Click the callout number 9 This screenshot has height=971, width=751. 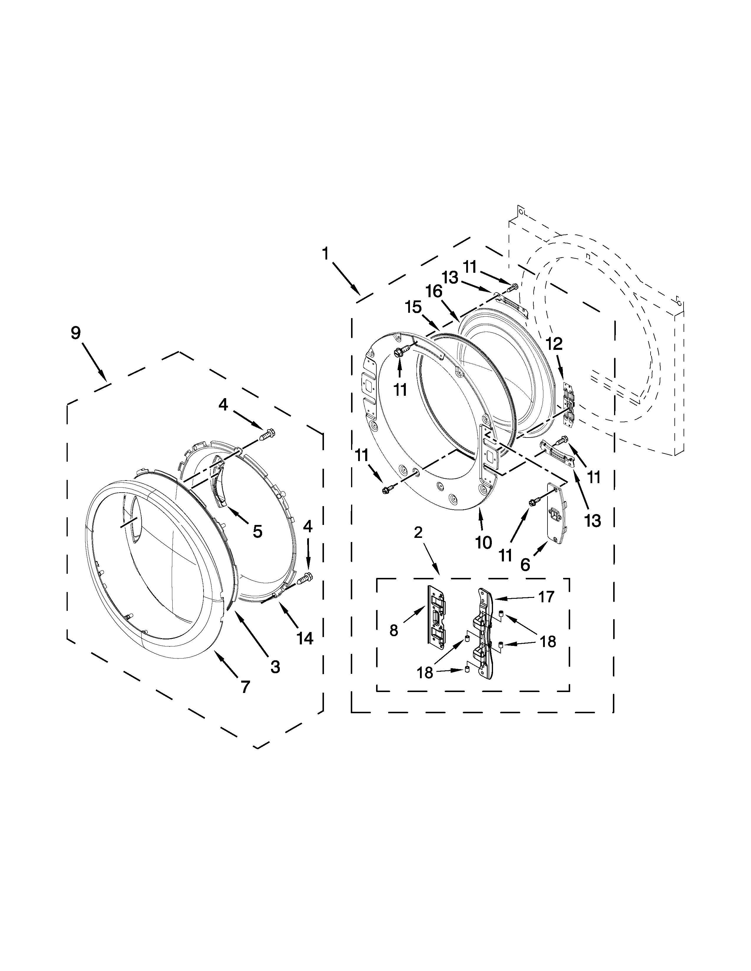tap(76, 333)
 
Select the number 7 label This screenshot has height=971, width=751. tap(245, 687)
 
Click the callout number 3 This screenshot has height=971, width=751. tap(275, 667)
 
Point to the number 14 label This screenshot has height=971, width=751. tap(305, 639)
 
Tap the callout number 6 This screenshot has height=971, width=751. tap(525, 565)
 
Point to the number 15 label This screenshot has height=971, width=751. tap(413, 307)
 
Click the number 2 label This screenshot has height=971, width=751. tap(418, 532)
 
